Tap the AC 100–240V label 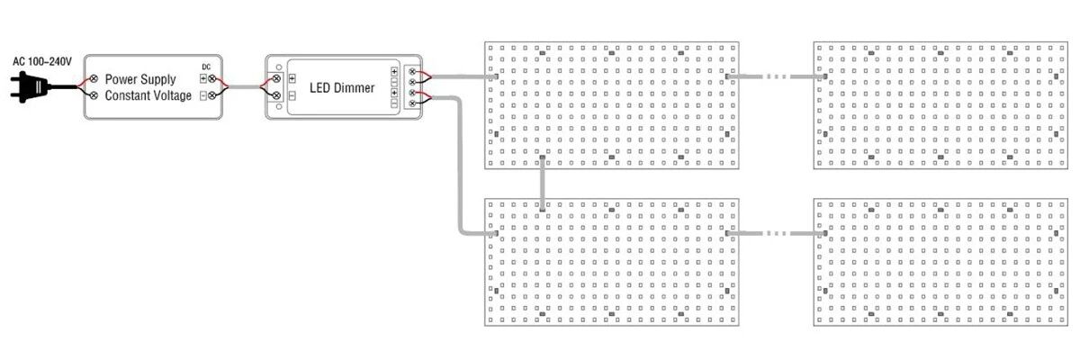[41, 61]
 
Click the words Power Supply [140, 79]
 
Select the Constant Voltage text [148, 95]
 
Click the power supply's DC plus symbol [203, 79]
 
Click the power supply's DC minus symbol [203, 95]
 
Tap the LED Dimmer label [341, 87]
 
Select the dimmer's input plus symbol [292, 79]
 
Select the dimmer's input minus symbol [292, 94]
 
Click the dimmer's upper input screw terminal [278, 79]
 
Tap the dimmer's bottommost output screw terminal [413, 103]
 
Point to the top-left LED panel [611, 104]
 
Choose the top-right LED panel [939, 104]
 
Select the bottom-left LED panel [611, 262]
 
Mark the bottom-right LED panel [939, 262]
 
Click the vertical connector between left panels [542, 183]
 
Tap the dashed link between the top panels [775, 77]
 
